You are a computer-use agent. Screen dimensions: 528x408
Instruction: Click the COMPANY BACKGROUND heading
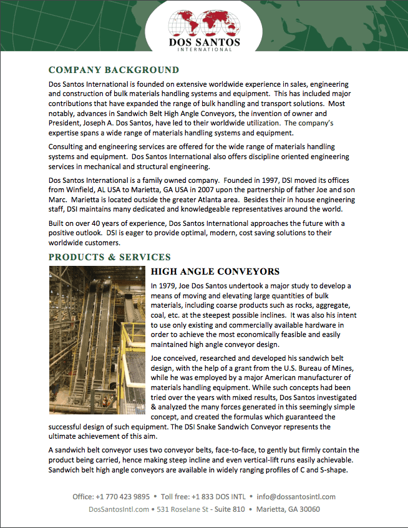pyautogui.click(x=114, y=70)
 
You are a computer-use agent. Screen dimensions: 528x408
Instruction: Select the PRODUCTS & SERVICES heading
pyautogui.click(x=110, y=257)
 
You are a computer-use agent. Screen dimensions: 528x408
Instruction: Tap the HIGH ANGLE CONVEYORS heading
pyautogui.click(x=215, y=271)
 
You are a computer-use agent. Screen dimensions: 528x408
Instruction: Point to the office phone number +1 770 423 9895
pyautogui.click(x=123, y=497)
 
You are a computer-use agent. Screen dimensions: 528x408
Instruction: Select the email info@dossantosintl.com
pyautogui.click(x=296, y=497)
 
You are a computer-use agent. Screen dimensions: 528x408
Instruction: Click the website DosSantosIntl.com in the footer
pyautogui.click(x=119, y=509)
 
